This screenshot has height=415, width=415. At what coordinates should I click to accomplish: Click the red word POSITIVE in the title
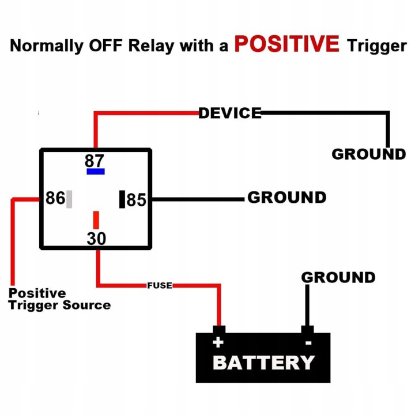tap(286, 44)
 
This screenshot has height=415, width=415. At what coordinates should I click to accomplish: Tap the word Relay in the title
tap(151, 46)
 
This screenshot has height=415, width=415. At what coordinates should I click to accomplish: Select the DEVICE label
tap(230, 113)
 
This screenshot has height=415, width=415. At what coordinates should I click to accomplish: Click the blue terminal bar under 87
tap(96, 172)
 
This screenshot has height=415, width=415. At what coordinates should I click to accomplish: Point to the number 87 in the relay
tap(95, 160)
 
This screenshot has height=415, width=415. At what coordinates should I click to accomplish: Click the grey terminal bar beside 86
tap(69, 199)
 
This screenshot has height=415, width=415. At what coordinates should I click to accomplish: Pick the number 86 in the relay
tap(55, 198)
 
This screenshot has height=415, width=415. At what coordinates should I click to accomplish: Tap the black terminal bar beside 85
tap(122, 199)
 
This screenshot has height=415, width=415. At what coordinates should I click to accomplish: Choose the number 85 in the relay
tap(136, 199)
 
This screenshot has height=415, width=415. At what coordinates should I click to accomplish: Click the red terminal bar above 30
tap(96, 220)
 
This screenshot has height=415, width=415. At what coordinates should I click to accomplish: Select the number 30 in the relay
tap(96, 239)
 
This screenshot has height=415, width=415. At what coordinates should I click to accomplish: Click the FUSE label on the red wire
tap(160, 285)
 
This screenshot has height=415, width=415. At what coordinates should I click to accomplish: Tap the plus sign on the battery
tap(218, 342)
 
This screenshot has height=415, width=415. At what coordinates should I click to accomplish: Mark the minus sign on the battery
tap(308, 343)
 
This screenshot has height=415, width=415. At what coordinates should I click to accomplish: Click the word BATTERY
tap(263, 363)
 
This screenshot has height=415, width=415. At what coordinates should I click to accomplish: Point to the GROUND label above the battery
tap(338, 277)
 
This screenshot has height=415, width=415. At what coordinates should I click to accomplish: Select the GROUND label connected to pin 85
tap(287, 198)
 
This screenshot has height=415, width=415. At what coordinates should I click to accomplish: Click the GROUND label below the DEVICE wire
tap(369, 154)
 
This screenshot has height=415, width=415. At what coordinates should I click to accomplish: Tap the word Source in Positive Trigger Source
tap(86, 305)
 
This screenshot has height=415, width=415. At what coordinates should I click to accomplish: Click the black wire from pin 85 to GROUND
tap(198, 199)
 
